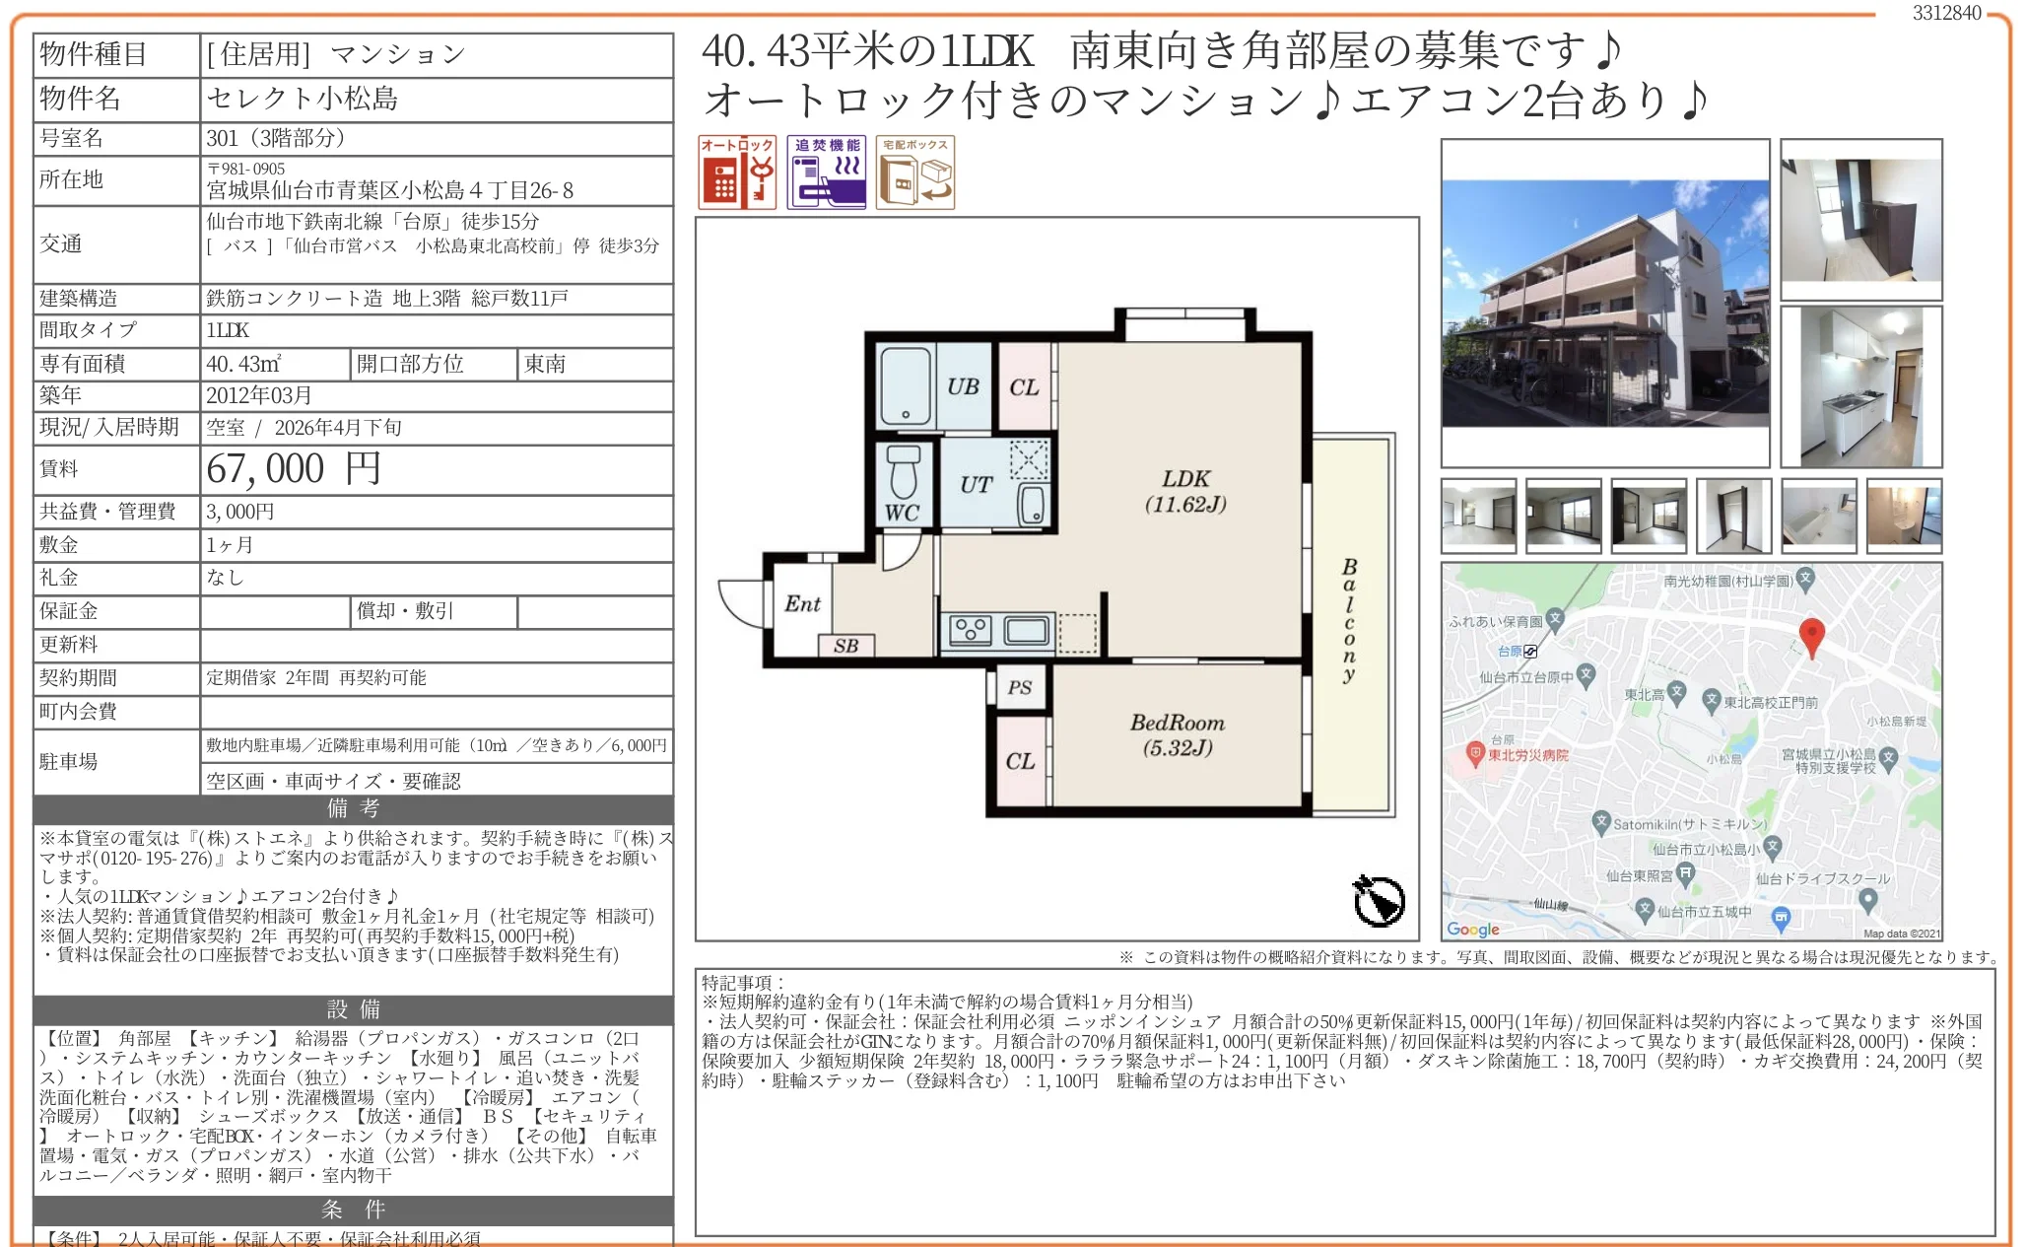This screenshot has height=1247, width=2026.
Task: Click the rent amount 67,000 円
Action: (294, 469)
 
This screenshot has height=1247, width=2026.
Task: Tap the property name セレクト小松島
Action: (303, 99)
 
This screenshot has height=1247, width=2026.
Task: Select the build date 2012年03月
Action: (259, 395)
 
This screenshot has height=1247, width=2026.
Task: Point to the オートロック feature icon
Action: (737, 173)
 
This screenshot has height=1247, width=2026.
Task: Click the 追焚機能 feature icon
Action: (826, 173)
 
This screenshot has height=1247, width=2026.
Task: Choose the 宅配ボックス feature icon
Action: (915, 173)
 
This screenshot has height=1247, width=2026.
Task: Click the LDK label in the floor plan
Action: (1185, 479)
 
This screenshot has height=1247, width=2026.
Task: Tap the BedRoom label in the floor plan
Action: (1177, 723)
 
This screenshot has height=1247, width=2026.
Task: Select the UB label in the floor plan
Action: (963, 386)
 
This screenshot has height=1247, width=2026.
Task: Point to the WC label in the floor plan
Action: (902, 513)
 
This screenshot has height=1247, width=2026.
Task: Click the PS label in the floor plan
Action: (1020, 687)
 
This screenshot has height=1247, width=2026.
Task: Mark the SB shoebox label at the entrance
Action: (845, 646)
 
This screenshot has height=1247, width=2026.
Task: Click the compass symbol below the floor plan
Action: (1379, 900)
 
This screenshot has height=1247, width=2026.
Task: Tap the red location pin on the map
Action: (1811, 636)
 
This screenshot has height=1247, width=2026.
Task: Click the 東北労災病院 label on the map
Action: (1527, 755)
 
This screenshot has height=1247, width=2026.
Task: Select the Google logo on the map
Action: (1472, 929)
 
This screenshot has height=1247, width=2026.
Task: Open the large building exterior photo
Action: (1604, 303)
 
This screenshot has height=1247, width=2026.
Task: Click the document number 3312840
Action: (1946, 13)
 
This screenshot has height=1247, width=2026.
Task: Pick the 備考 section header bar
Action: (353, 809)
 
